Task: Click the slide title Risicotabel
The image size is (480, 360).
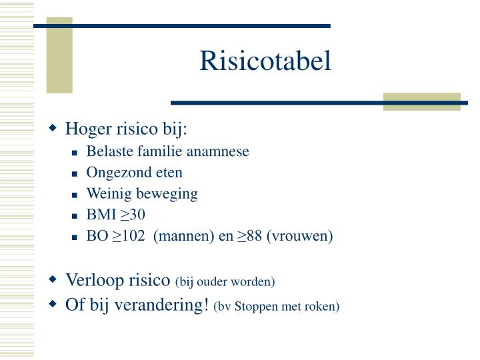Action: tap(265, 61)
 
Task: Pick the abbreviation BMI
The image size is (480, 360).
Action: tap(101, 215)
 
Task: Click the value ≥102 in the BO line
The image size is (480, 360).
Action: tap(127, 236)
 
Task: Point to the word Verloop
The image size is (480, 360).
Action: tap(92, 280)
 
